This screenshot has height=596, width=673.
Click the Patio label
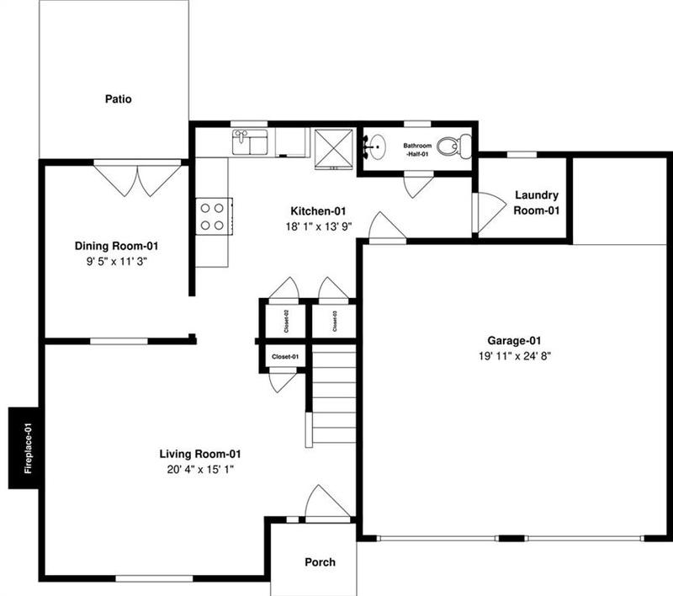[118, 98]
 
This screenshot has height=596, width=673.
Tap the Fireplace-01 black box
[26, 448]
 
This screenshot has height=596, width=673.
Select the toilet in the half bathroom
[456, 147]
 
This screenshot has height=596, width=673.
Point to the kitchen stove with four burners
[213, 215]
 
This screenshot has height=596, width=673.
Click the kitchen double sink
[250, 141]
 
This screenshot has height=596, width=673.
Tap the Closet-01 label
[284, 358]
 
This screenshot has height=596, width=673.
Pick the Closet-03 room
[334, 322]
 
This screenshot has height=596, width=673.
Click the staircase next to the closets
[334, 396]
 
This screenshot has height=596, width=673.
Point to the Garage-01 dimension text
[513, 355]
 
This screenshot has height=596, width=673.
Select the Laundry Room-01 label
[537, 203]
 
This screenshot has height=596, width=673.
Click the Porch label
[320, 562]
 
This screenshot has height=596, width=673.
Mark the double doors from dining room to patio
[137, 178]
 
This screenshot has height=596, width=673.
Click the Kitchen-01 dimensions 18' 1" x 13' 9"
[319, 226]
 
